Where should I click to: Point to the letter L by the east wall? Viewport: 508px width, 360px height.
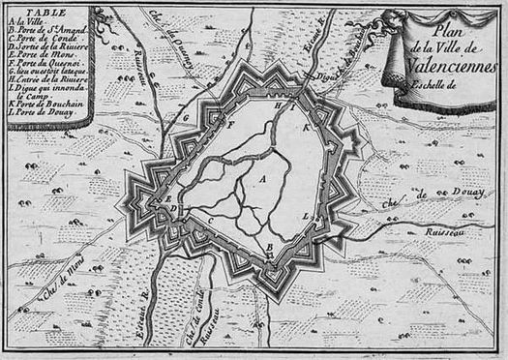307,216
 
